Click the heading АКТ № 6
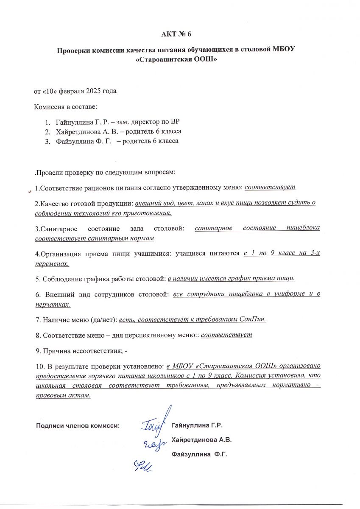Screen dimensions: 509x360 point(179,34)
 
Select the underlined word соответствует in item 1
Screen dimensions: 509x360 point(270,187)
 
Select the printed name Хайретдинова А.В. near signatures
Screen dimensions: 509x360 point(201,439)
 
